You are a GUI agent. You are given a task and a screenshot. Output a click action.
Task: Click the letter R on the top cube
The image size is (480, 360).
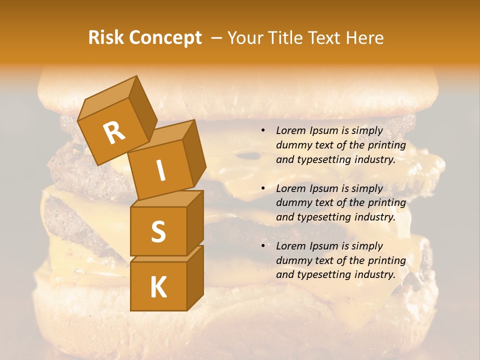[x=114, y=132]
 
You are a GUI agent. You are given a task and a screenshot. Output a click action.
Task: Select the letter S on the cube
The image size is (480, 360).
[x=158, y=231]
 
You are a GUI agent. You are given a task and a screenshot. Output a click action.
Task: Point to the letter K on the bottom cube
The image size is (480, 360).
[x=158, y=287]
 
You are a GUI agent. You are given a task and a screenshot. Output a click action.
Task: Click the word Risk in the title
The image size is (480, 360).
[x=105, y=38]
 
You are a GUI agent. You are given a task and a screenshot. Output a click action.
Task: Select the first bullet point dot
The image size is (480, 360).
[x=263, y=131]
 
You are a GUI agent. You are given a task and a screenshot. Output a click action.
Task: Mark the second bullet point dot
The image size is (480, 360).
[x=263, y=188]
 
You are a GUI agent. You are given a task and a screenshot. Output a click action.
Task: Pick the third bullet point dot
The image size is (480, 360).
[x=263, y=246]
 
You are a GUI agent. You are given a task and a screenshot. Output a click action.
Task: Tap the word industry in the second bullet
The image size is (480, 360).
[x=374, y=217]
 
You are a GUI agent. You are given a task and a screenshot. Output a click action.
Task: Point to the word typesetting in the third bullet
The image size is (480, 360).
[x=319, y=274]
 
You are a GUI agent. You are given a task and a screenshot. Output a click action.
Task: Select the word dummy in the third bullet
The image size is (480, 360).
[x=291, y=260]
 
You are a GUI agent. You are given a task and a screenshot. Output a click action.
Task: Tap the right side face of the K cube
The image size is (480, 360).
[x=195, y=277]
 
